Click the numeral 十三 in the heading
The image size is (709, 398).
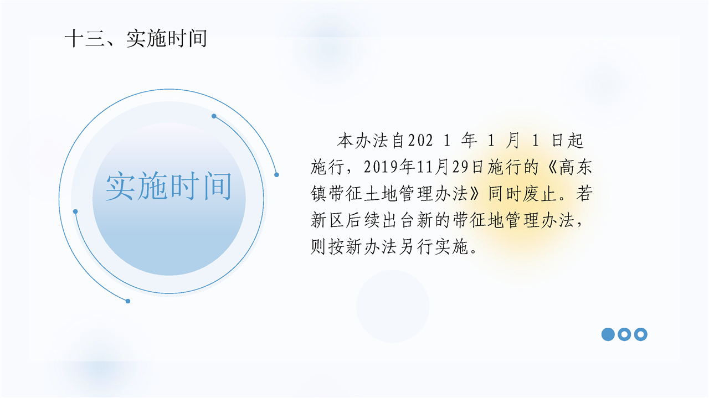[x=85, y=39]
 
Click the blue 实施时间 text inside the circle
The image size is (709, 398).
[x=169, y=187]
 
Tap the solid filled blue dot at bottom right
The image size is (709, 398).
[x=608, y=334]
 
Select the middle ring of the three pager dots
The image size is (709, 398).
[x=624, y=334]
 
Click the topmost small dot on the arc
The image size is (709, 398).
[x=214, y=116]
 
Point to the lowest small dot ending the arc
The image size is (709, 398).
[x=128, y=301]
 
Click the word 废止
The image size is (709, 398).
[x=540, y=194]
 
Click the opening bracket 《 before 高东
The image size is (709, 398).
[x=551, y=167]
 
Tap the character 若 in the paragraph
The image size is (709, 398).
[x=584, y=194]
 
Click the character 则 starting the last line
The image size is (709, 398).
[x=318, y=247]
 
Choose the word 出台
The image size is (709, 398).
[x=398, y=220]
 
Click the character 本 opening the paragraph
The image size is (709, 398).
[x=345, y=141]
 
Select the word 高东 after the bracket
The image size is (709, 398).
[x=576, y=167]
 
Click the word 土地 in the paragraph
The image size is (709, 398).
[x=381, y=194]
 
